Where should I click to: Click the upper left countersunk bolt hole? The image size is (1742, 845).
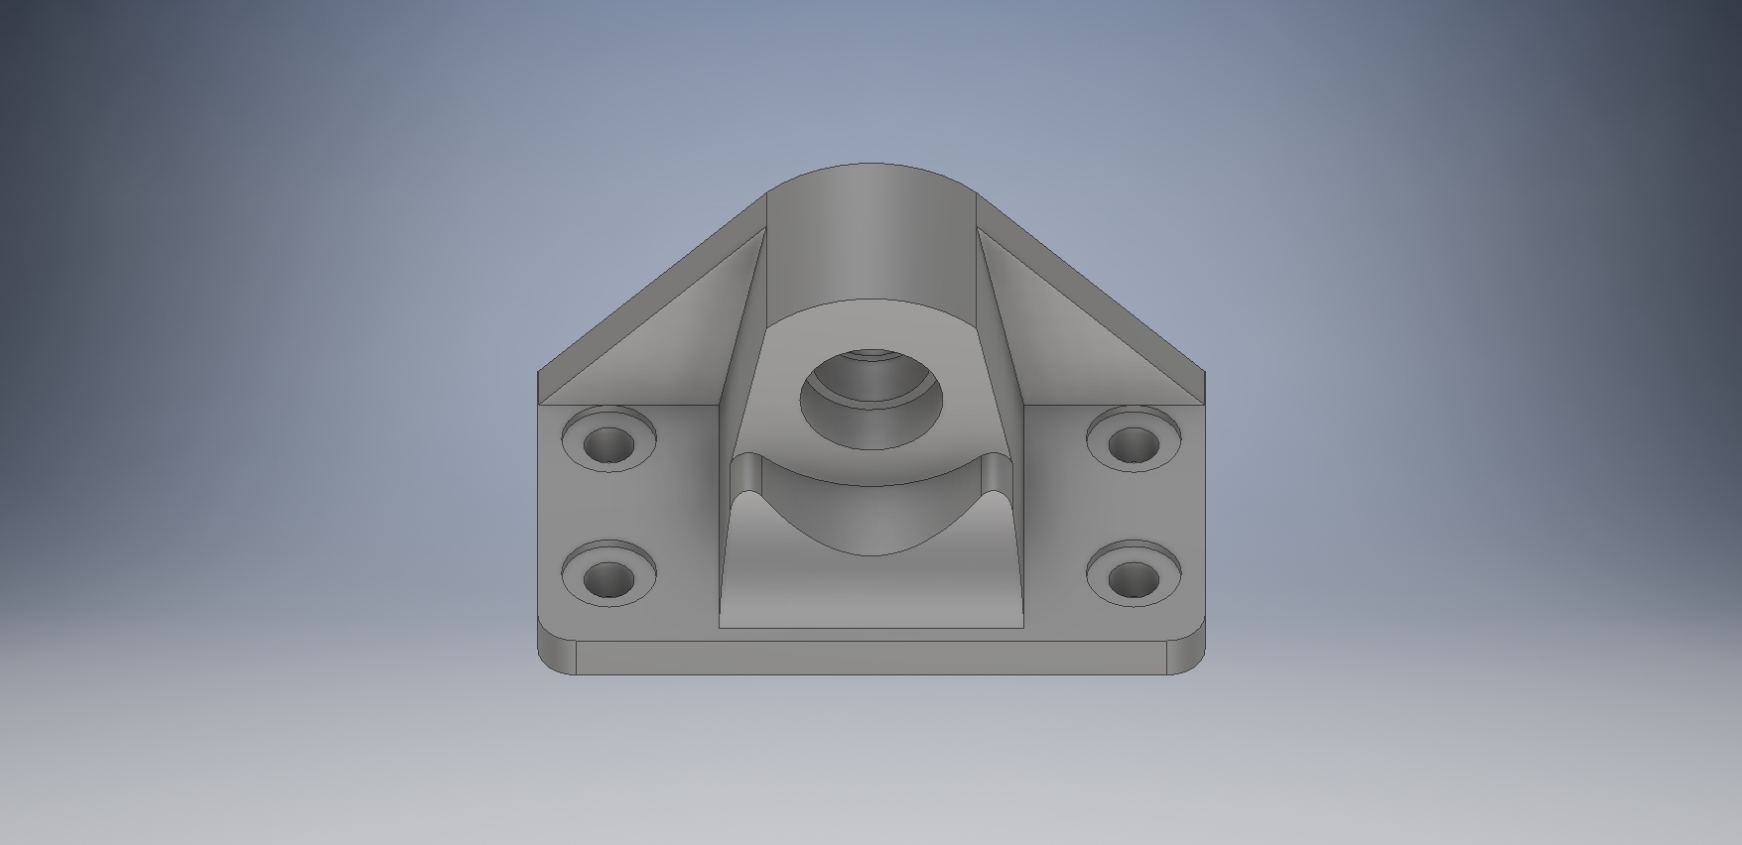click(608, 443)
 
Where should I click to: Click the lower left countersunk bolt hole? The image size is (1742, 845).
click(608, 577)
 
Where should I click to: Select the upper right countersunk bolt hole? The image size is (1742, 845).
click(1133, 443)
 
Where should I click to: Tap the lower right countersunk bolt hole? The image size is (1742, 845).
click(1133, 577)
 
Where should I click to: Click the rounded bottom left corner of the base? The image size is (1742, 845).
click(557, 656)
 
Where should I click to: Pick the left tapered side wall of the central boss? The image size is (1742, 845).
click(744, 337)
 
